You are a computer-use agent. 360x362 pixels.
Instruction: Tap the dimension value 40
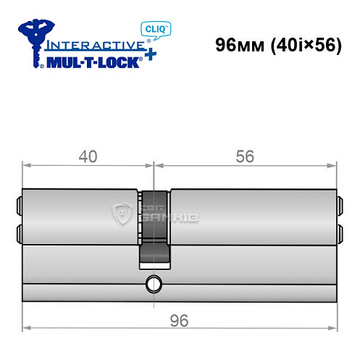[88, 156]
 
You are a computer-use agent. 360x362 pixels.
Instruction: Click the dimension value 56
[246, 156]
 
